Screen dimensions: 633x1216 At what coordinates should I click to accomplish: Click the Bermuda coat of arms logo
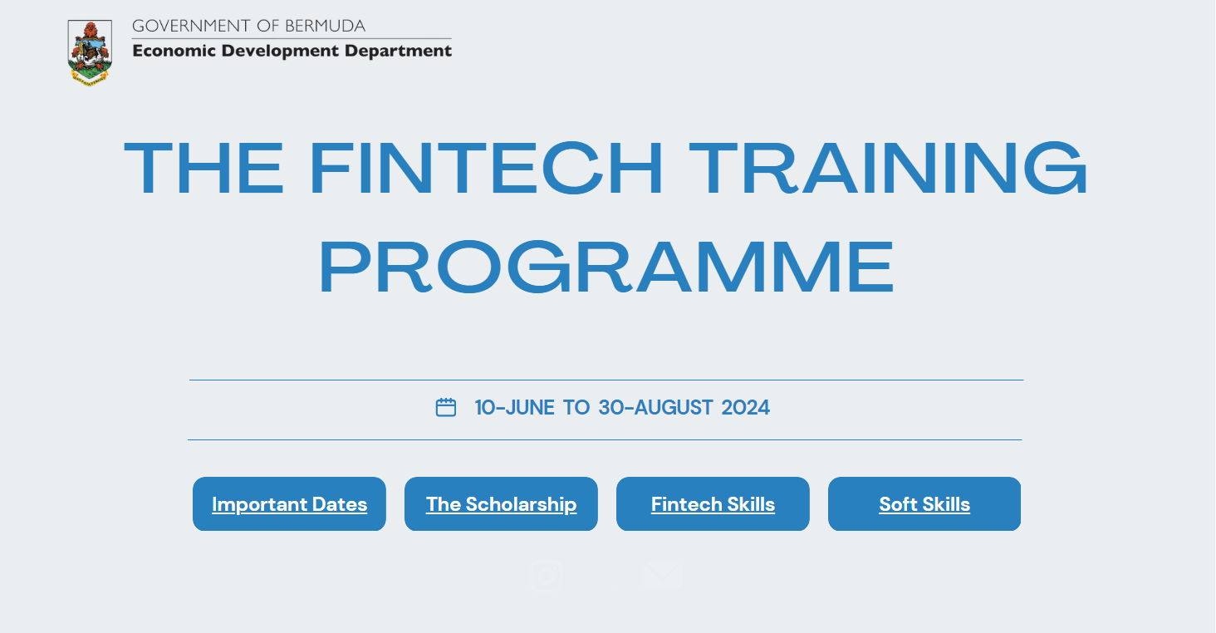90,53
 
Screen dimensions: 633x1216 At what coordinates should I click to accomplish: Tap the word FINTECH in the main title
487,169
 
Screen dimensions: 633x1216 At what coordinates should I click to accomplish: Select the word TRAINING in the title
888,169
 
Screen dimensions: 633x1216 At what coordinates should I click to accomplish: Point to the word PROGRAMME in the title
607,267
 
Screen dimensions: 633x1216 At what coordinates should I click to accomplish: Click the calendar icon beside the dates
446,407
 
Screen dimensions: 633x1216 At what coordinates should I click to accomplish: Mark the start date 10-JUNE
514,408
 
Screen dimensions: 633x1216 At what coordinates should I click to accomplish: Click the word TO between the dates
576,408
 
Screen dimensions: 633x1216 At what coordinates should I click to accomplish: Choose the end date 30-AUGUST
655,408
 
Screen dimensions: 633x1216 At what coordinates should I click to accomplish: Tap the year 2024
745,408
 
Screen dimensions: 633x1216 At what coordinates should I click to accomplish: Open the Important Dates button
289,504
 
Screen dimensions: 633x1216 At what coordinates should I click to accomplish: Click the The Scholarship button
501,504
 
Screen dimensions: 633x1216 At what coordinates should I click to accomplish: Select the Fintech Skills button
713,504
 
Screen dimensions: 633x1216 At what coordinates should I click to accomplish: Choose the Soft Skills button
924,504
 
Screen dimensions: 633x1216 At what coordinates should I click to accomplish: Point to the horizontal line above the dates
606,380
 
